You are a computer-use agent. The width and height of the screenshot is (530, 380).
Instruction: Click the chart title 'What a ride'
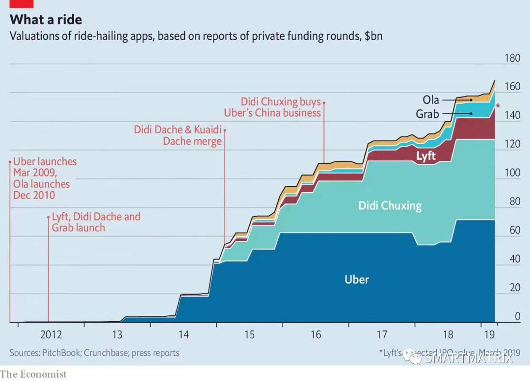click(46, 20)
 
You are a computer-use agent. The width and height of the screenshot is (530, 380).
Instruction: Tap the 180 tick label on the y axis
click(512, 58)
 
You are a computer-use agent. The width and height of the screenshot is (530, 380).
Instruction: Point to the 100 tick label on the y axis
click(512, 173)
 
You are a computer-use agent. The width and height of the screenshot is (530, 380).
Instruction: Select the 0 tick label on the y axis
click(517, 317)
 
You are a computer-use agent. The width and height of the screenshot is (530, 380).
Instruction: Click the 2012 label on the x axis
click(51, 335)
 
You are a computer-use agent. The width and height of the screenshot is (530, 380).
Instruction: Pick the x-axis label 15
click(249, 335)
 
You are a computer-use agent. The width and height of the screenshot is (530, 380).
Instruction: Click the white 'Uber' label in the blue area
click(356, 279)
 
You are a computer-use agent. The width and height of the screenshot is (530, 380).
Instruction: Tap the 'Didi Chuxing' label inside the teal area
click(390, 205)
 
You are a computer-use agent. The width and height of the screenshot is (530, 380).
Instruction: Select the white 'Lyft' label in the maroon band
click(426, 156)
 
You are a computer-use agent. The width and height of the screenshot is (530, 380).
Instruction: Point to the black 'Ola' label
click(431, 100)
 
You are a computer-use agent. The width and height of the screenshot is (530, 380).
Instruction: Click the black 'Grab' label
click(427, 114)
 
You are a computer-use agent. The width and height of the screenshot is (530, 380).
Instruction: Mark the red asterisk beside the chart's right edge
click(498, 106)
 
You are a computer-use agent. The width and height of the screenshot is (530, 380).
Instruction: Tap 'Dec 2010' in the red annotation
click(34, 195)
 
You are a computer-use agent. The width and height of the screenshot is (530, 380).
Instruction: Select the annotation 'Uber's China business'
click(272, 113)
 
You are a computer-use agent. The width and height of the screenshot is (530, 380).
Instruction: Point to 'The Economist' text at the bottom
click(33, 374)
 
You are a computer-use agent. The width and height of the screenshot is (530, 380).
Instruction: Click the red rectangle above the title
click(21, 3)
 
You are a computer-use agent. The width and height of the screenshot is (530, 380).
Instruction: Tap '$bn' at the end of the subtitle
click(373, 36)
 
